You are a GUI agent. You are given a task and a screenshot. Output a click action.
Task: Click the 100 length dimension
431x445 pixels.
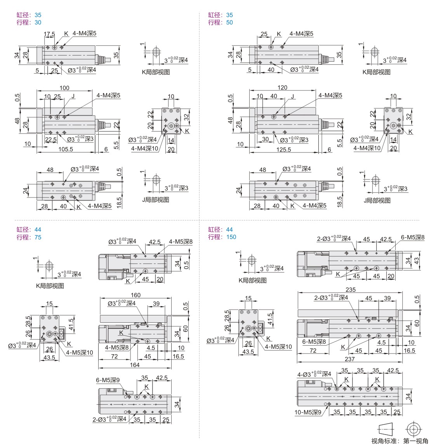pos(64,88)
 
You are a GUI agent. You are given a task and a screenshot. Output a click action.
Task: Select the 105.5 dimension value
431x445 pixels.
pos(66,149)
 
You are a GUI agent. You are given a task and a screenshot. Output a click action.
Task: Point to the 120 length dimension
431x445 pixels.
pos(282,88)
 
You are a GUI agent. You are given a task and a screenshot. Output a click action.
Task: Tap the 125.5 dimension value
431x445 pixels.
pos(284,149)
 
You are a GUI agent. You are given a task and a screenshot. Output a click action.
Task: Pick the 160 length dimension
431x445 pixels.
pos(136,295)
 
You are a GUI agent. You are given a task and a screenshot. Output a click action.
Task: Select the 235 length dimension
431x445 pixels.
pos(350,289)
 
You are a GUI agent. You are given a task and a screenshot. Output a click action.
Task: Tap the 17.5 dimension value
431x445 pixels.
pos(49,34)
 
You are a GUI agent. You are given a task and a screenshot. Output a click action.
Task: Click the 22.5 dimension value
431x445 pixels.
pos(50,139)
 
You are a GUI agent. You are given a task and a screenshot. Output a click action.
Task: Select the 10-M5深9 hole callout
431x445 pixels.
pos(308,412)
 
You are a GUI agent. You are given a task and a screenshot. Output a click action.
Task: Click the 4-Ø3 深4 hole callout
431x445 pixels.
pos(313,374)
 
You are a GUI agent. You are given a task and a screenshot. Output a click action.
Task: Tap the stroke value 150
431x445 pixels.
pos(231,237)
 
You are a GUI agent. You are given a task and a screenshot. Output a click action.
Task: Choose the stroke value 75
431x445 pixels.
pos(38,237)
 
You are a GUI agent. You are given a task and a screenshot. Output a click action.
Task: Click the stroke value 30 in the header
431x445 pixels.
pos(38,22)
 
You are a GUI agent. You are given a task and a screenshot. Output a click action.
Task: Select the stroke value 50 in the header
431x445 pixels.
pos(229,22)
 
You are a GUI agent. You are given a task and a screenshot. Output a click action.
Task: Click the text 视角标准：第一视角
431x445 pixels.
pos(400,441)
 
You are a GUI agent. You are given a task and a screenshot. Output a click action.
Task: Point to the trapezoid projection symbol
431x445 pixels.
pos(386,429)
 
